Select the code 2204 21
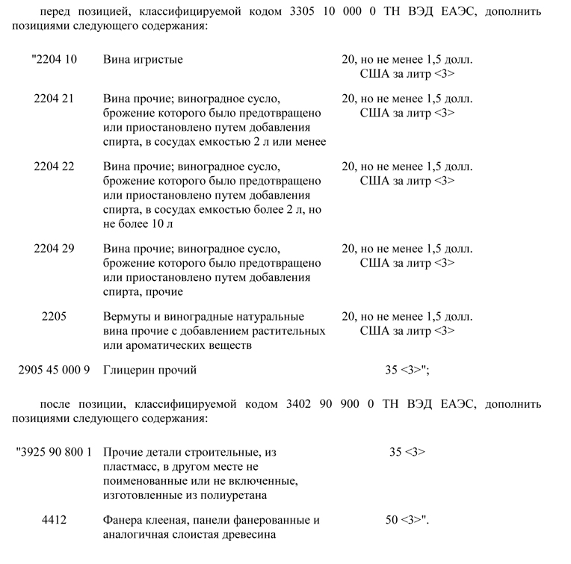click(x=54, y=99)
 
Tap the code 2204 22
click(x=54, y=167)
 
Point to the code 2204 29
click(x=54, y=249)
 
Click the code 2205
click(x=54, y=317)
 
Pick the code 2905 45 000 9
click(x=54, y=370)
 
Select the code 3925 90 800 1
click(x=54, y=452)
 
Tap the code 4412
click(x=54, y=520)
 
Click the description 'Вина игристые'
click(x=143, y=59)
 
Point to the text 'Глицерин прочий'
click(x=149, y=370)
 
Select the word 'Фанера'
click(x=123, y=520)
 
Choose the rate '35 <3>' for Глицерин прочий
click(x=404, y=370)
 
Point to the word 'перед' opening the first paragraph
click(x=53, y=12)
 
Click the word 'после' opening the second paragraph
click(x=54, y=404)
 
